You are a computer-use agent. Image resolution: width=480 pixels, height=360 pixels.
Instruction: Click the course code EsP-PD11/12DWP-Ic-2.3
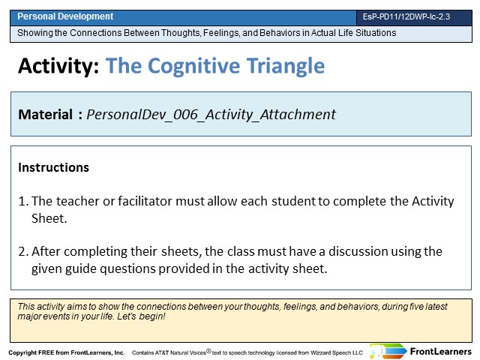click(406, 16)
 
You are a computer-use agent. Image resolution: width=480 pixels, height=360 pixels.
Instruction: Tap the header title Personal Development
click(65, 16)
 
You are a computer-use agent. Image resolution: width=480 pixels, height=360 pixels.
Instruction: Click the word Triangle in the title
click(286, 67)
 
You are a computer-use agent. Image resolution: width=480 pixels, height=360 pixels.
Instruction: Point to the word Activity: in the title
click(58, 67)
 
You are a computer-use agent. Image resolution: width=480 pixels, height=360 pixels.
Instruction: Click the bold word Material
click(45, 115)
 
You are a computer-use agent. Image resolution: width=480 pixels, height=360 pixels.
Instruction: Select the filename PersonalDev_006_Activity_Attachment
click(211, 115)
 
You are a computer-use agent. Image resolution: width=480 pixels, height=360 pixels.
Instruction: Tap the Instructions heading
click(53, 167)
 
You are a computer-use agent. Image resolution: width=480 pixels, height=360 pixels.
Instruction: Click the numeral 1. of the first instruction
click(23, 201)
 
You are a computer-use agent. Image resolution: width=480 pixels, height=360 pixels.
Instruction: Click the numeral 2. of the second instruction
click(23, 251)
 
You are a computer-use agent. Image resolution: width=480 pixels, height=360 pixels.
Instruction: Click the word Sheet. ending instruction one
click(49, 218)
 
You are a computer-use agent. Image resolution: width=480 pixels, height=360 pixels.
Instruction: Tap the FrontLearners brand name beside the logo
click(441, 352)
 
